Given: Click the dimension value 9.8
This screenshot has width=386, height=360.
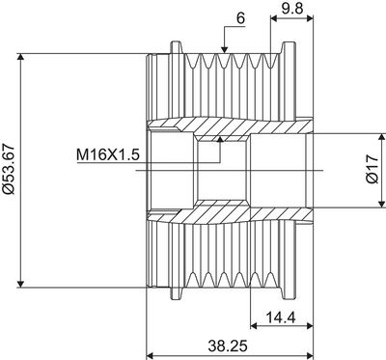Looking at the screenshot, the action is (x=292, y=8).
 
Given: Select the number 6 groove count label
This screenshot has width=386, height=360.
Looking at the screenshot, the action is (x=240, y=19).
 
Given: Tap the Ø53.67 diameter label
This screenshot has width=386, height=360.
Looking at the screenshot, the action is (x=9, y=170).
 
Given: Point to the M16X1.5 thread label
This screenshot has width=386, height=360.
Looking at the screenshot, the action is (x=108, y=155).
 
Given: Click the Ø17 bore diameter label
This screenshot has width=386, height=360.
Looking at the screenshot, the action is (x=372, y=169).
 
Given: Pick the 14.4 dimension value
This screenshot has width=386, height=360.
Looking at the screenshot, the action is (x=281, y=318).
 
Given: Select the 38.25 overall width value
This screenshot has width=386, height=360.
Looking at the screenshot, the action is (x=228, y=346).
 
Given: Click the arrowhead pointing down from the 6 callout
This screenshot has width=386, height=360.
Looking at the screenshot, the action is (x=225, y=49).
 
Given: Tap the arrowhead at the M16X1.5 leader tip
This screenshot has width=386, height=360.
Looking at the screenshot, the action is (x=220, y=139).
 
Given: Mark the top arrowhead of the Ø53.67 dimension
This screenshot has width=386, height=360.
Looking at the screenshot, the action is (x=20, y=57).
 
